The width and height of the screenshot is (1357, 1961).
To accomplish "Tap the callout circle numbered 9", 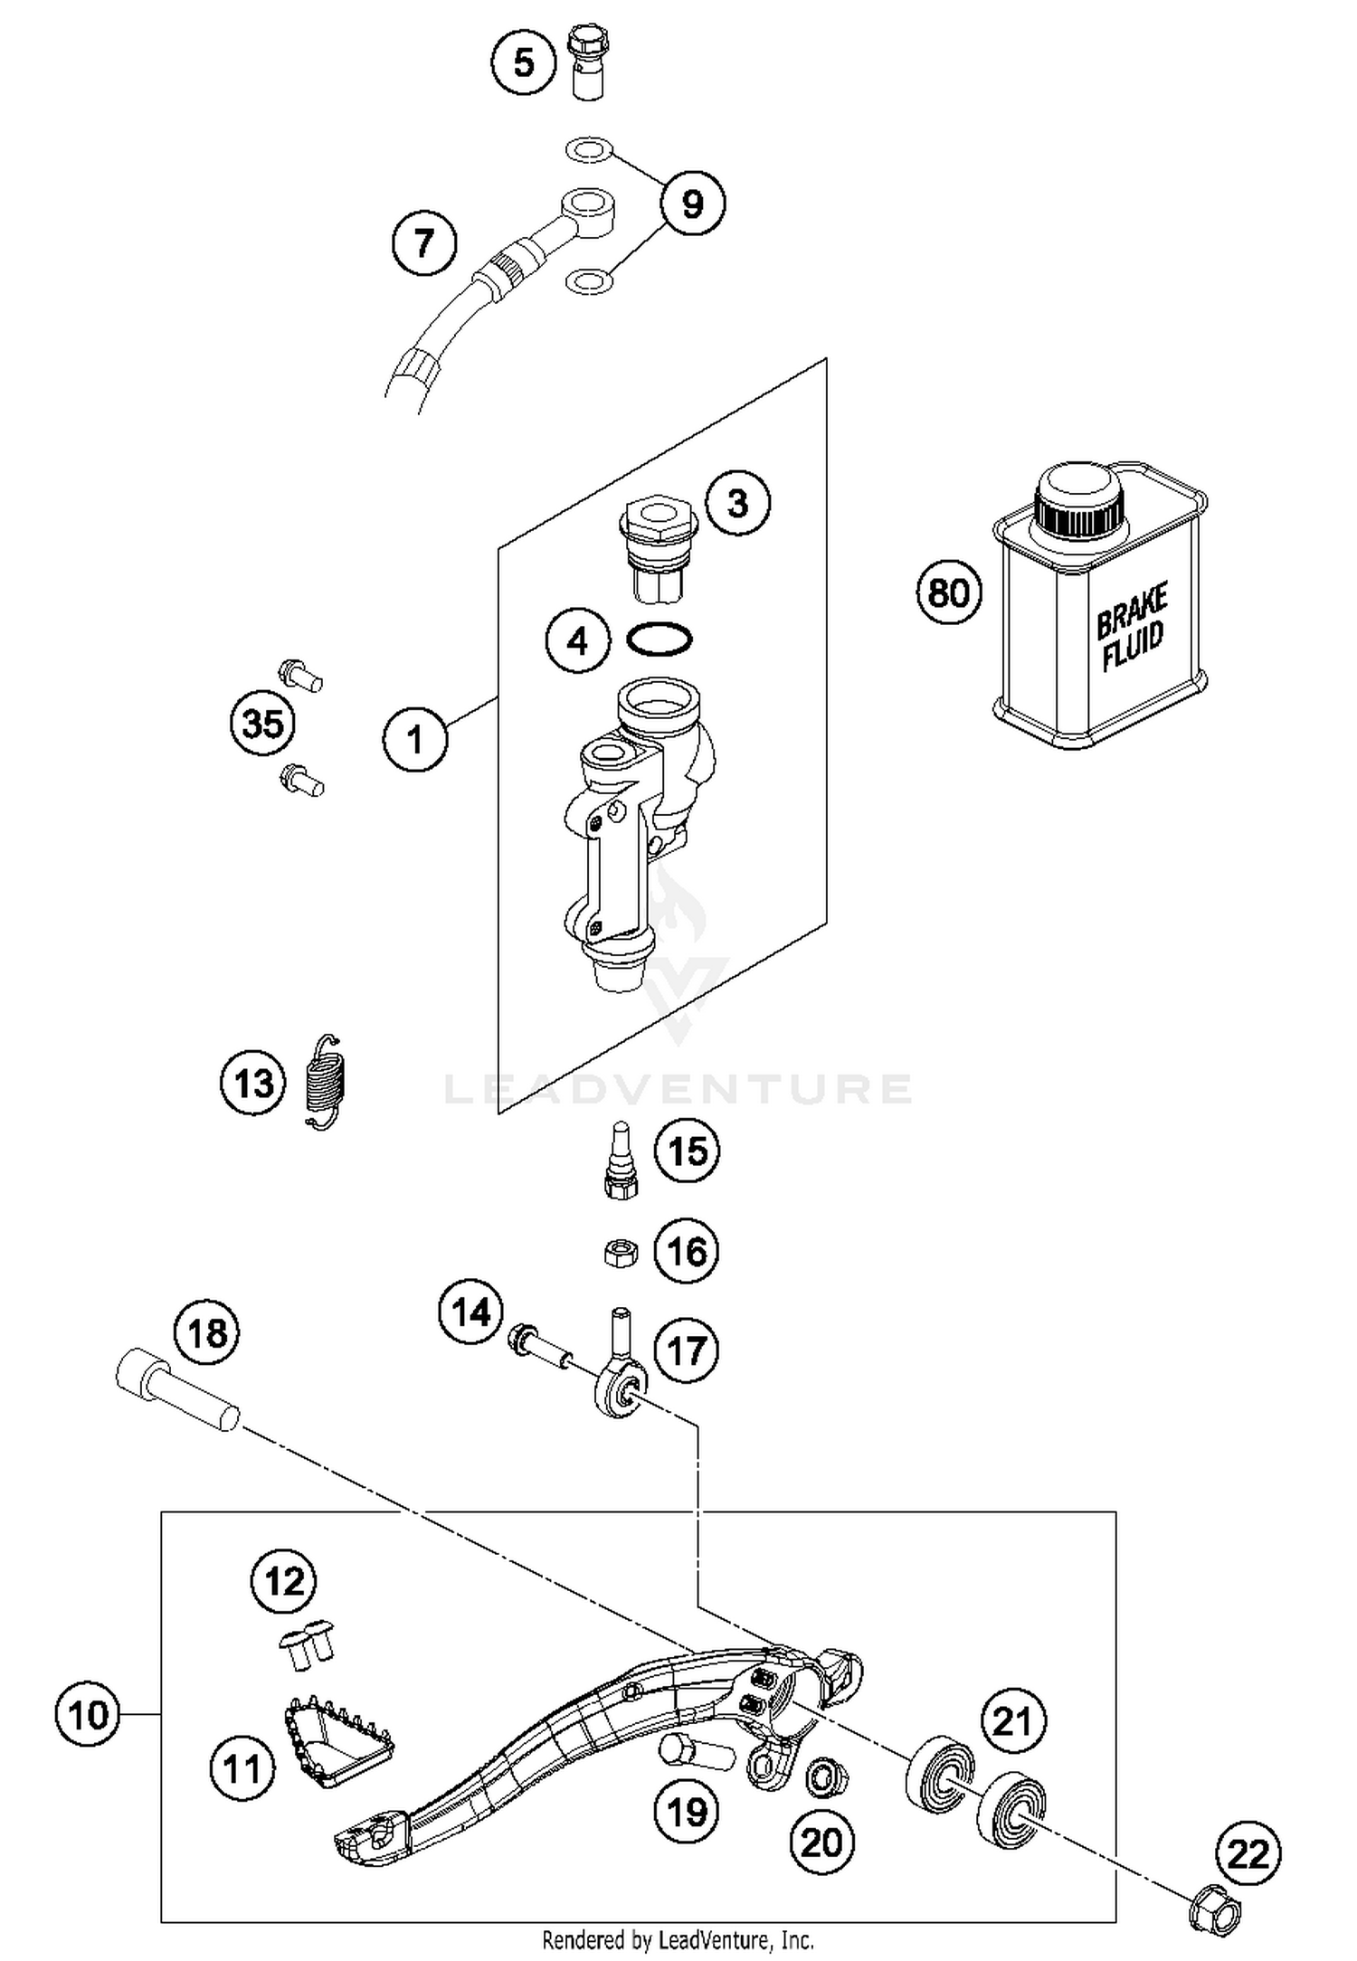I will pos(692,204).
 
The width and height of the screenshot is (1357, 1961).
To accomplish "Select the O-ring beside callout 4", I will pos(660,639).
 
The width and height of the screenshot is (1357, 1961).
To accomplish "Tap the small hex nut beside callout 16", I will pos(621,1253).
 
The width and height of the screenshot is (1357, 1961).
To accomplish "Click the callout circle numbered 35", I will pos(263,724).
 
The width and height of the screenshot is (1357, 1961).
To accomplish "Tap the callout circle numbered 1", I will pos(415,740).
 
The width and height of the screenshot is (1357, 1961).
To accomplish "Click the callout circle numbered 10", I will pos(88,1714).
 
